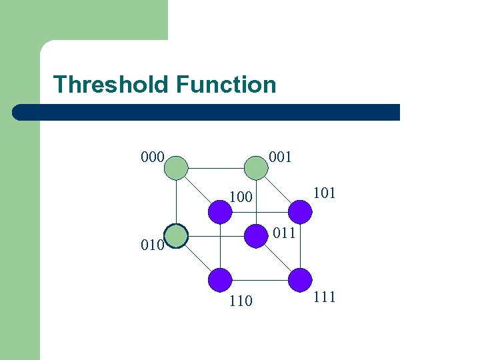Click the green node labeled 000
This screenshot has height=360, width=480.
pos(177,168)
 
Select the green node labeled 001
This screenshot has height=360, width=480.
pos(255,168)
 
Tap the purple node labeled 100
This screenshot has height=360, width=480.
pos(220,212)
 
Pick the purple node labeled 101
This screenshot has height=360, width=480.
pos(300,212)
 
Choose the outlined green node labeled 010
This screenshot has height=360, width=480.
pos(177,235)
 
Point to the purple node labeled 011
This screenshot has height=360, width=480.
pos(255,235)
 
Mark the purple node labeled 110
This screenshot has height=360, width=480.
pos(220,279)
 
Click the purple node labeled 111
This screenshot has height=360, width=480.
pos(300,279)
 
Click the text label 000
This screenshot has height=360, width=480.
pos(153,157)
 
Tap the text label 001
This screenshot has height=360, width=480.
pos(280,157)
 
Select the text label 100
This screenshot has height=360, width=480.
pos(241,197)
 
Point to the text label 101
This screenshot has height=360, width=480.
pos(324,193)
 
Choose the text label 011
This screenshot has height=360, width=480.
pos(284,233)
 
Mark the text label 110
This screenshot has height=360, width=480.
pos(241,301)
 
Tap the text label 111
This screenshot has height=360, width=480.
pos(324,297)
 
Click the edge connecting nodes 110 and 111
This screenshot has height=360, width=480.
pos(260,279)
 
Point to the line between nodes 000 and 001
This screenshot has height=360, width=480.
pos(215,168)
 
